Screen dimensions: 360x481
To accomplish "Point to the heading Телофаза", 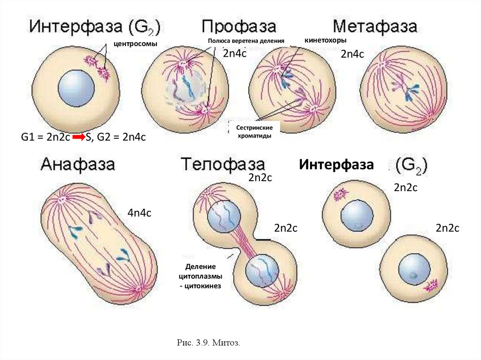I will pyautogui.click(x=223, y=164).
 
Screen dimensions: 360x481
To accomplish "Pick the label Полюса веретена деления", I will pyautogui.click(x=247, y=41).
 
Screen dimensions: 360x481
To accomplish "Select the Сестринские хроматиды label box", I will pyautogui.click(x=254, y=130).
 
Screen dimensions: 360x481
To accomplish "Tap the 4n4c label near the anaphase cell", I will pyautogui.click(x=140, y=213).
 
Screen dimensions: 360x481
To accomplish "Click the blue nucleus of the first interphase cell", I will pyautogui.click(x=76, y=88).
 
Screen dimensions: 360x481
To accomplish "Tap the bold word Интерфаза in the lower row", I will pyautogui.click(x=336, y=165).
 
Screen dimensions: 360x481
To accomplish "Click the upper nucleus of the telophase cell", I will pyautogui.click(x=225, y=217).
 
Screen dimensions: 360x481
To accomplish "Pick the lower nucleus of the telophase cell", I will pyautogui.click(x=262, y=271).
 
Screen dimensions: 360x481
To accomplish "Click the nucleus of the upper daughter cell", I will pyautogui.click(x=357, y=216).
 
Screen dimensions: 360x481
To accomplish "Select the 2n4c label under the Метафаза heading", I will pyautogui.click(x=353, y=54).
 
